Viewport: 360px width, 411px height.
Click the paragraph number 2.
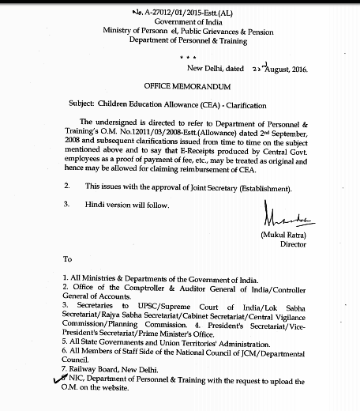point(66,187)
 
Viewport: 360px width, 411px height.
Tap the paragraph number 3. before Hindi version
point(66,203)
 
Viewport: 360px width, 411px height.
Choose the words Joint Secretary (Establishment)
point(238,187)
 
